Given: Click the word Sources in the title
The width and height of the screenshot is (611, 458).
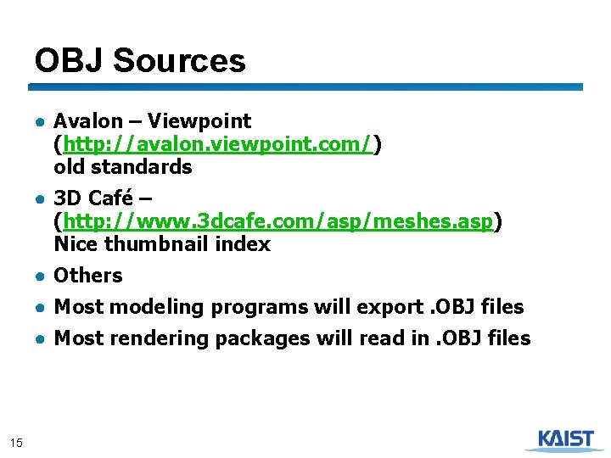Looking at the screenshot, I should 179,61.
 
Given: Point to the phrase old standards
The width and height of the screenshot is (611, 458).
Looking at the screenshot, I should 123,167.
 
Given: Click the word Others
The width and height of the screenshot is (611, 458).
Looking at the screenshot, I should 88,276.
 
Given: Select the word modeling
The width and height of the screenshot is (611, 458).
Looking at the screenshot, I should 157,307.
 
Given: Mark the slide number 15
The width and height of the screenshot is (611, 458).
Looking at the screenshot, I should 15,441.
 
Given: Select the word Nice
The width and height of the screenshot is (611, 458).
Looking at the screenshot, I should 73,244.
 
